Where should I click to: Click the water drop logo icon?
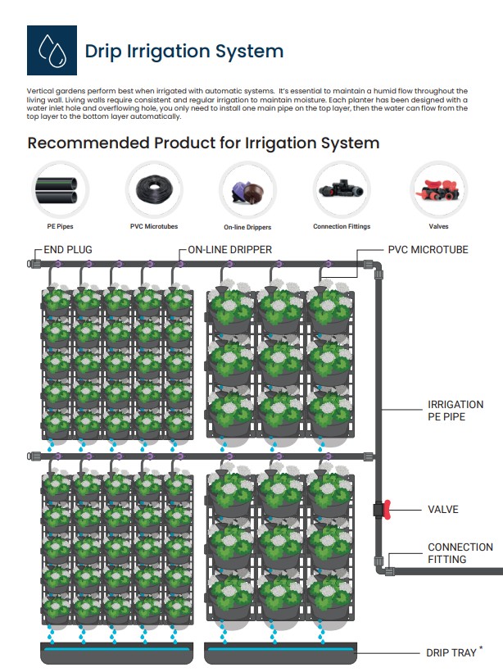52,51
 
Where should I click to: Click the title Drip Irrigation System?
184,51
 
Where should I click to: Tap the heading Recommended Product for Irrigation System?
203,143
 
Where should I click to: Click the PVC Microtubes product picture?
154,188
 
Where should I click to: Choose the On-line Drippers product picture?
247,189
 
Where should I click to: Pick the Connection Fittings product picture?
342,188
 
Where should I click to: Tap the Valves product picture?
438,188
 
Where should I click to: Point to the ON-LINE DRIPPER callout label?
230,249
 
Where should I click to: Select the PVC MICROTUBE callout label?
428,249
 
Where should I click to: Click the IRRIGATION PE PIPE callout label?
455,411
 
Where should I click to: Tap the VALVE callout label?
443,510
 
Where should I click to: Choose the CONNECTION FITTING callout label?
460,553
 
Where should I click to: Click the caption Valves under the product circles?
438,227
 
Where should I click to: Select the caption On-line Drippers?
247,227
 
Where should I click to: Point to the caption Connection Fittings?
342,227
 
